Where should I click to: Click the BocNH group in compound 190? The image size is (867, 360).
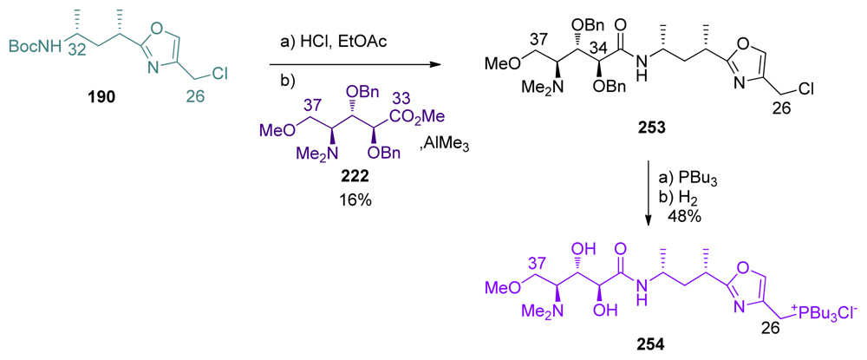[x=40, y=48]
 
